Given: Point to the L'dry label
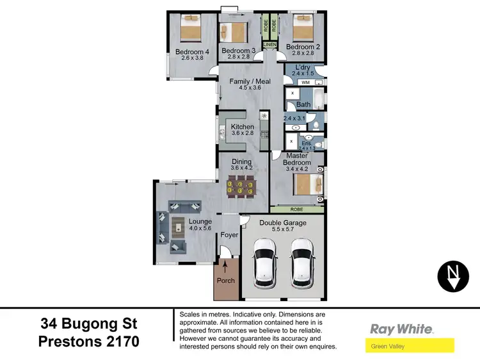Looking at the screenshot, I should point(301,67).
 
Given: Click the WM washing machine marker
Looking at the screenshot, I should point(305,83).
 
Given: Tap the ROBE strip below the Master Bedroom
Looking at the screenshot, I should point(296,209).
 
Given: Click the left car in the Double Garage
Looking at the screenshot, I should point(264,263).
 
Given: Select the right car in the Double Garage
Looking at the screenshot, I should point(301,263).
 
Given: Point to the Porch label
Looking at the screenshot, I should point(226,280).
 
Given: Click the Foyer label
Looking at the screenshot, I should point(229,235).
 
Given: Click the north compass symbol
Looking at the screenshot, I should point(453,275).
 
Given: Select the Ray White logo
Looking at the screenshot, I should point(402,329).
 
